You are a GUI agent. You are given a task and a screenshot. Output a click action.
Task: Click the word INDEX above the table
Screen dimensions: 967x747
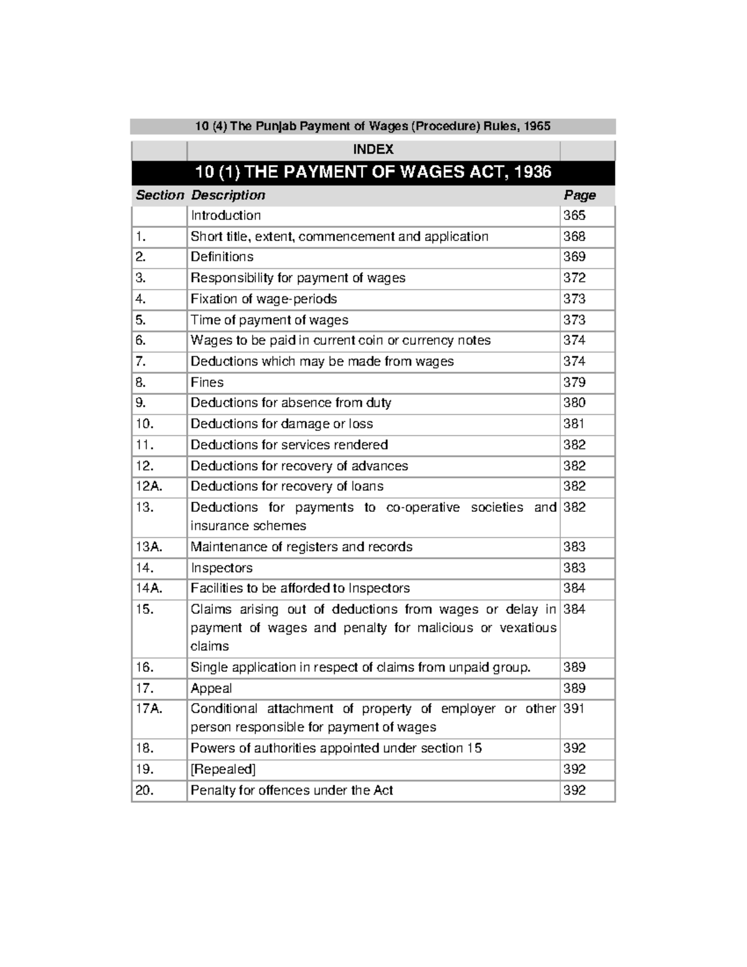[373, 149]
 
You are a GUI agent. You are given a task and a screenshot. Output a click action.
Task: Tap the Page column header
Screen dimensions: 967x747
[580, 196]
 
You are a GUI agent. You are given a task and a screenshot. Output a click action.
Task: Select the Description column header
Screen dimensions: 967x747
[228, 196]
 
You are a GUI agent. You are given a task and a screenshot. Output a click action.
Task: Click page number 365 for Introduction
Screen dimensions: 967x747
[574, 215]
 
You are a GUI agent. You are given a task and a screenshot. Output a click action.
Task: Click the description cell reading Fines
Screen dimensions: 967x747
[207, 382]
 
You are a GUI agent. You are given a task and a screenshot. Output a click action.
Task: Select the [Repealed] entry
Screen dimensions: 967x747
[223, 769]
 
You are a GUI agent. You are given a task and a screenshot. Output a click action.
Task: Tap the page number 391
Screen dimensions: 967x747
[573, 709]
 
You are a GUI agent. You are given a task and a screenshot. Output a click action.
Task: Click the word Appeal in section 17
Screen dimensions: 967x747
[211, 688]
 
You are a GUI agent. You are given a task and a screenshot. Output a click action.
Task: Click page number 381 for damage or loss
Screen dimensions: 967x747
[573, 424]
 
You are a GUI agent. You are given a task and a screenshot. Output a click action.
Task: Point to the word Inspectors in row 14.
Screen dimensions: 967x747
[222, 568]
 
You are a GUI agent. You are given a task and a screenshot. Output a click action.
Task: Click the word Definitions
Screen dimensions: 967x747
[222, 257]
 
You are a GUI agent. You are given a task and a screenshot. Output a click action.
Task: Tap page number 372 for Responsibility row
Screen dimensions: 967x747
[574, 278]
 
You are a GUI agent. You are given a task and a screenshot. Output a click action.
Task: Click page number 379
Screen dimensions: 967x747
[574, 382]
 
